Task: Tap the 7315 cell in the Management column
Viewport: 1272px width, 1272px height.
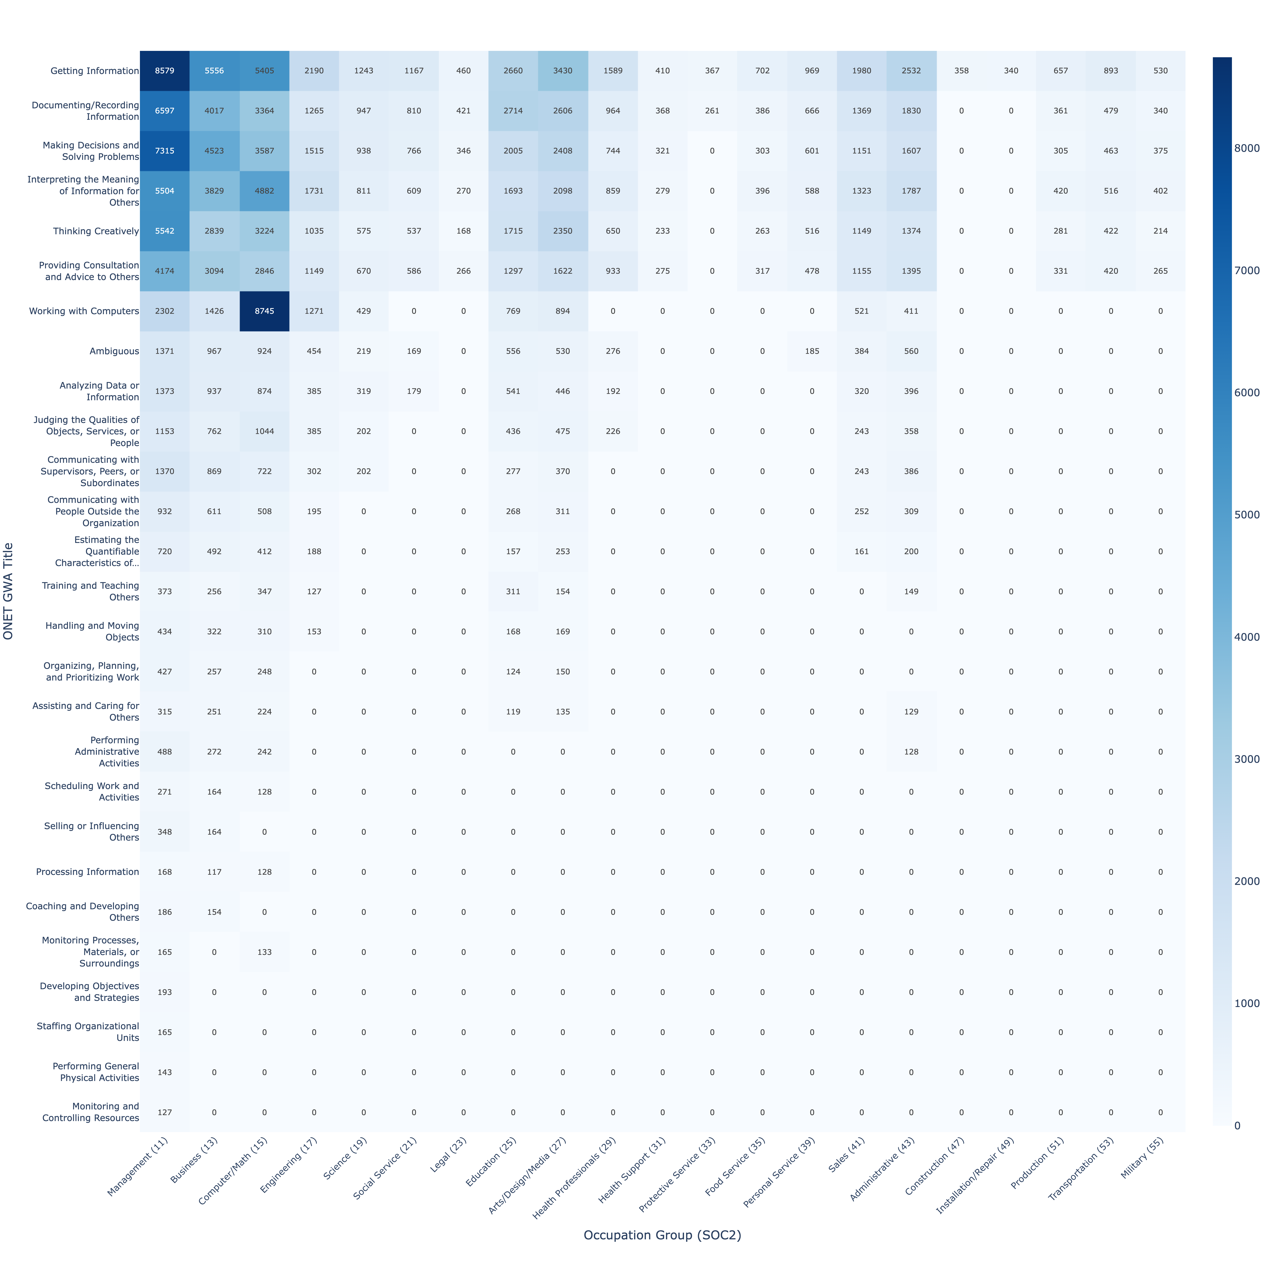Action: pyautogui.click(x=165, y=151)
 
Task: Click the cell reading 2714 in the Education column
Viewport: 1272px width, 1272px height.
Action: pyautogui.click(x=513, y=111)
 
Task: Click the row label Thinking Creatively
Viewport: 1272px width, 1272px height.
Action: pyautogui.click(x=96, y=231)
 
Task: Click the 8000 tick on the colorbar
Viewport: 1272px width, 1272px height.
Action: pyautogui.click(x=1246, y=148)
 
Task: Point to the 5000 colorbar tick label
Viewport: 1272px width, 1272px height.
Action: pyautogui.click(x=1246, y=515)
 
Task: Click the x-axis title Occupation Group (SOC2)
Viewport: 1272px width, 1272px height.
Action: pyautogui.click(x=662, y=1235)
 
